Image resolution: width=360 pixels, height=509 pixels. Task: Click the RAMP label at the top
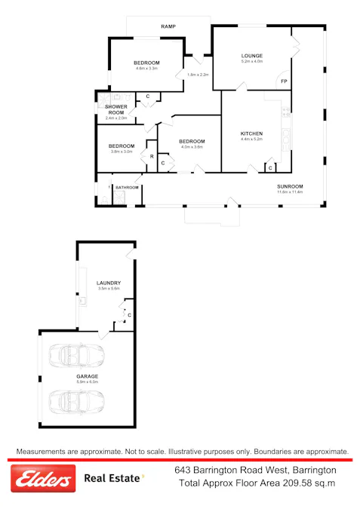coord(168,27)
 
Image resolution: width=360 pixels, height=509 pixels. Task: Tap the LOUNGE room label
coord(251,56)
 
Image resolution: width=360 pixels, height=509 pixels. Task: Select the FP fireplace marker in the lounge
coord(284,81)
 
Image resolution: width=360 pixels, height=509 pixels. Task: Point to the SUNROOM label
coord(289,186)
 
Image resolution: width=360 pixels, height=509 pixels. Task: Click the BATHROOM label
coord(127,187)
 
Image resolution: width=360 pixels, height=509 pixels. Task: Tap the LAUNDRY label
coord(109,283)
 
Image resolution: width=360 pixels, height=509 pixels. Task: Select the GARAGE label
coord(87,376)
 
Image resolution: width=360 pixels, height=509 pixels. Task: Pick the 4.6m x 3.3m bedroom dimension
coord(146,69)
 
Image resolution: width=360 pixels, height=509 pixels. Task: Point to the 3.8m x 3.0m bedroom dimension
coord(121,152)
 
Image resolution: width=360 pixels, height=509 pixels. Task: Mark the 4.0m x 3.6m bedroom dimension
coord(192,147)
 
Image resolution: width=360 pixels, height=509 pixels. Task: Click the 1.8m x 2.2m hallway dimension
coord(197,75)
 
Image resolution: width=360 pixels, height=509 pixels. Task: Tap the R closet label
coord(151,156)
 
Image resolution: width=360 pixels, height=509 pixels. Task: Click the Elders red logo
coord(43,478)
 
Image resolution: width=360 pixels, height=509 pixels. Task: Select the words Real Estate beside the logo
coord(112,478)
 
